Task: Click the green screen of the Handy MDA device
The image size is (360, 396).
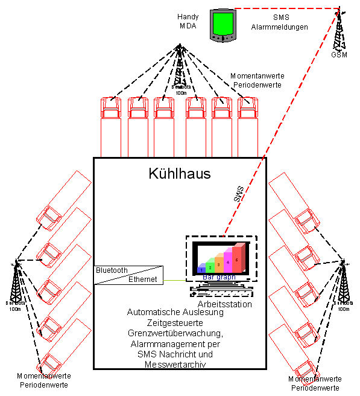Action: point(221,23)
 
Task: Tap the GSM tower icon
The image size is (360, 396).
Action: point(339,33)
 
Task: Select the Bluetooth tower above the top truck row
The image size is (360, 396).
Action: point(179,66)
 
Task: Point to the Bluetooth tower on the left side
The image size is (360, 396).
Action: point(16,284)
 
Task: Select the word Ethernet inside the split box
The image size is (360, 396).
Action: point(142,279)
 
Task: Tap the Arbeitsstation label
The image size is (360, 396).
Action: point(224,304)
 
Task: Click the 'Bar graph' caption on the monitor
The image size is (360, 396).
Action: point(218,277)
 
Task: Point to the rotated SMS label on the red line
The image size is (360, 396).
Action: point(239,194)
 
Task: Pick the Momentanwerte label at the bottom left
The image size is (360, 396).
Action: point(46,375)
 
